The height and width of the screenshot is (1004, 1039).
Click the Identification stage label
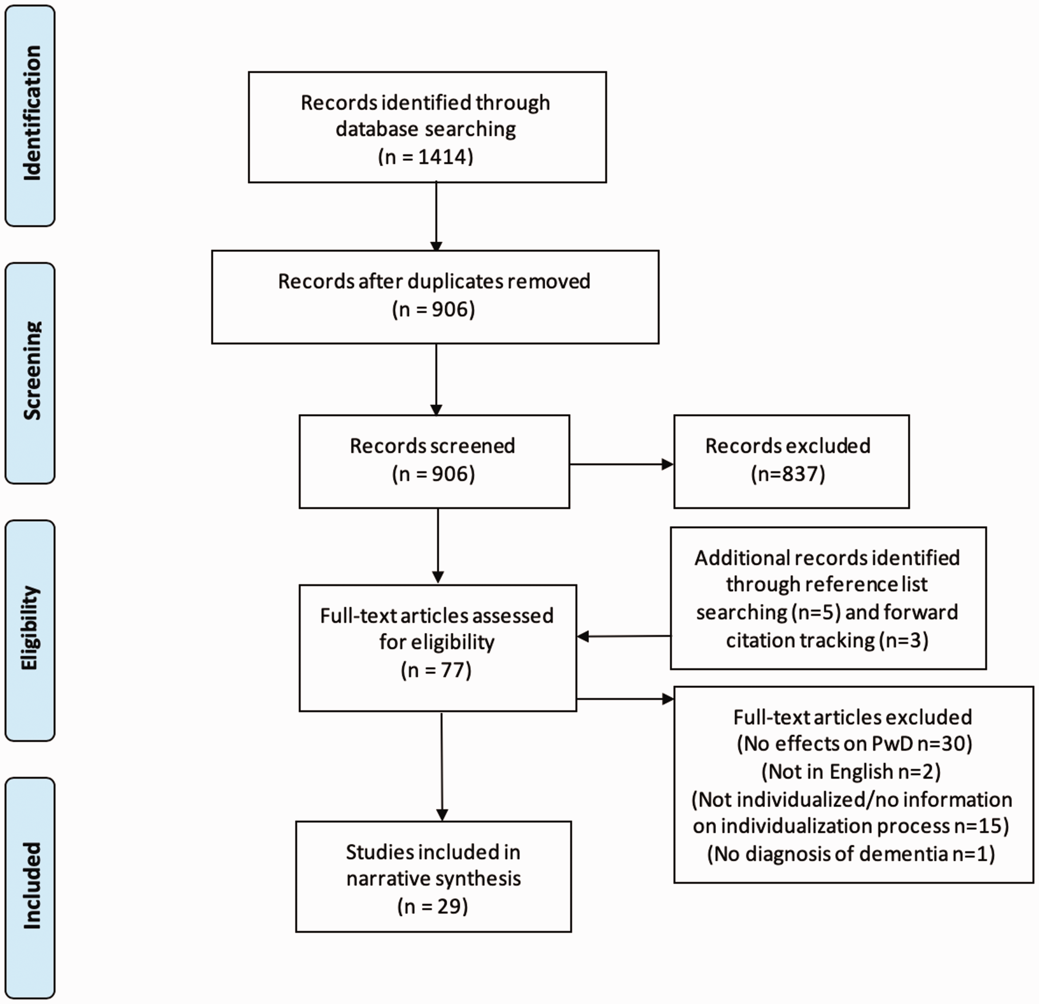30,115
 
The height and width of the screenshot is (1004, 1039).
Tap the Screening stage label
30,373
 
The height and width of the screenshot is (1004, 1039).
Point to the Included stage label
30,887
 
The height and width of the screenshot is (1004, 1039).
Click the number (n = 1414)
426,156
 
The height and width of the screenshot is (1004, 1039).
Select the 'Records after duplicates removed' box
435,297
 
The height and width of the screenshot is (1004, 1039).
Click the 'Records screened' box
434,462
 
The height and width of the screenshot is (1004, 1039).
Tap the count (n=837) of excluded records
788,473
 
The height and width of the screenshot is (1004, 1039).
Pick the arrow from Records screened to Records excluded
622,465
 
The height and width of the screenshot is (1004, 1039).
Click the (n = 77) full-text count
436,670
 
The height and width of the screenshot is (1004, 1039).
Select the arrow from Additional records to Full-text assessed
623,636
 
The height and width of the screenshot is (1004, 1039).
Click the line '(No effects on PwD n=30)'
855,744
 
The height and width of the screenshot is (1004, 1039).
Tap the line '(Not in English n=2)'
851,771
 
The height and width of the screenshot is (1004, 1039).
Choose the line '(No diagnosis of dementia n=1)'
851,853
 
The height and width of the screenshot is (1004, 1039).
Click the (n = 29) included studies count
433,906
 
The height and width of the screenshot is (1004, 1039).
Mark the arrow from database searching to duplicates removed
436,217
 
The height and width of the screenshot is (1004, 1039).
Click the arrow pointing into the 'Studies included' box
442,767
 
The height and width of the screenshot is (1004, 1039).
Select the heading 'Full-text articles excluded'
852,716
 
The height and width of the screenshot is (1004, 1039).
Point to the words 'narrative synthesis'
433,878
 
